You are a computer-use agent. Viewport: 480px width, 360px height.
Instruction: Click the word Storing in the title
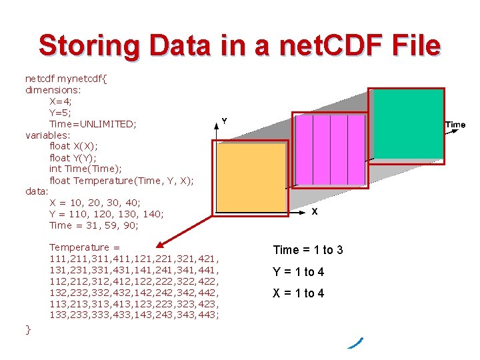[90, 47]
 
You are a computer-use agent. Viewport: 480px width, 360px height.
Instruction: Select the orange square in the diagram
[250, 178]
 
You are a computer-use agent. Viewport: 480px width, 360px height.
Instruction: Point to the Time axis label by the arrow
[455, 125]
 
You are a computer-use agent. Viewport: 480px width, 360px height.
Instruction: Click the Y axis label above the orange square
[224, 121]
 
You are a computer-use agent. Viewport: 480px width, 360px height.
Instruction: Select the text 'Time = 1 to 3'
[308, 250]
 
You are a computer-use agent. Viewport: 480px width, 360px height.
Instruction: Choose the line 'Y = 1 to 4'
[298, 272]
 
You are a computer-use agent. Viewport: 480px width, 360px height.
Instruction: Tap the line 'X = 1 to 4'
[298, 293]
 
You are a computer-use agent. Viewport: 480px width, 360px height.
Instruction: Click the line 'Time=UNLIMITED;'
[93, 124]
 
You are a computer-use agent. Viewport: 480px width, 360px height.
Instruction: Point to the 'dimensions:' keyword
[53, 89]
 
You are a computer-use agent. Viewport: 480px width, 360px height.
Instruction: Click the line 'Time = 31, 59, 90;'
[93, 225]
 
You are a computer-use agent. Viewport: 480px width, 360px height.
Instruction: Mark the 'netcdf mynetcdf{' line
[66, 77]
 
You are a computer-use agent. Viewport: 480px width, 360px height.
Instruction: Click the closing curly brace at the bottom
[28, 329]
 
